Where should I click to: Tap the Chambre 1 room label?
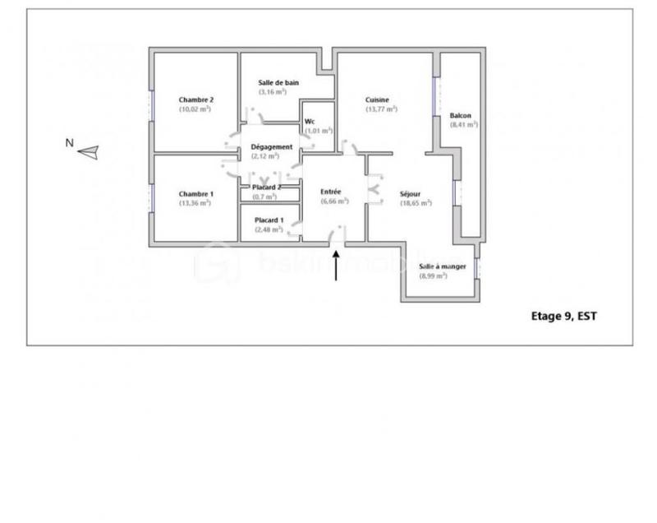pos(195,194)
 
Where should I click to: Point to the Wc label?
pos(310,121)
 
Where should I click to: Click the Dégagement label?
pos(272,146)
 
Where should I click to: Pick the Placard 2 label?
pos(268,187)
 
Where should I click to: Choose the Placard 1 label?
pos(269,220)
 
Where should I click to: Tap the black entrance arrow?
pos(337,266)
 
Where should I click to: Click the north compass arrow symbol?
pos(89,151)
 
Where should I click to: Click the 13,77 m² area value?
pos(381,109)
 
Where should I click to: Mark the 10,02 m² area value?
pos(195,109)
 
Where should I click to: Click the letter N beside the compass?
pos(70,143)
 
